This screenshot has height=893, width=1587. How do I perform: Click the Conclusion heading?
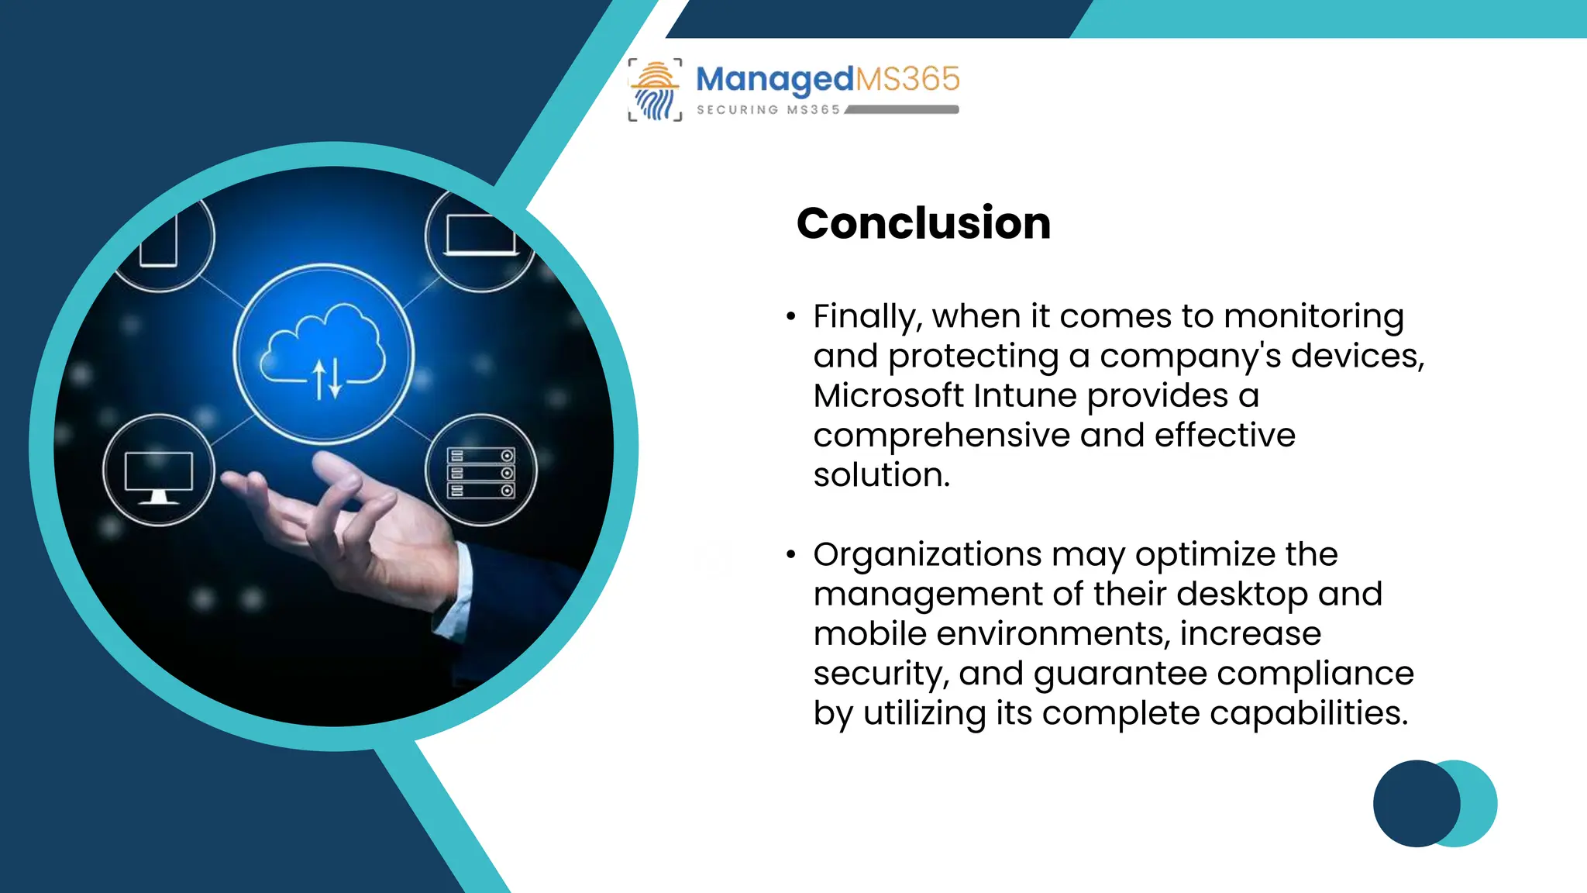(923, 223)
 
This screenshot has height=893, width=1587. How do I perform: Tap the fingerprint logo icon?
(656, 90)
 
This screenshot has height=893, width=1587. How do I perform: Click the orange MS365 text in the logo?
(907, 79)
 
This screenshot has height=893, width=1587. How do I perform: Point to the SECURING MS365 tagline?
(768, 110)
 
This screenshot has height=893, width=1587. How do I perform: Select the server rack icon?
(480, 471)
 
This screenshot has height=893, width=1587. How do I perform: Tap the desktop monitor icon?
(159, 473)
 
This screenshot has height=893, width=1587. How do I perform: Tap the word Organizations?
(927, 555)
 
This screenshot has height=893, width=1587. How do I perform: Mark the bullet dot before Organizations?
(790, 554)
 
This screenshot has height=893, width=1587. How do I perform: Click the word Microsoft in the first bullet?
(888, 396)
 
